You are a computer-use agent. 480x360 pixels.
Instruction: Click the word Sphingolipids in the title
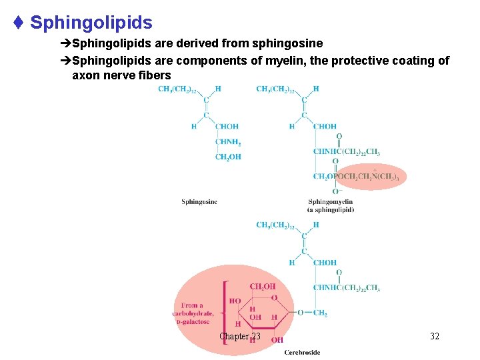coord(91,23)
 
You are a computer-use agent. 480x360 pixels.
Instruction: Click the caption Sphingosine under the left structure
coord(199,202)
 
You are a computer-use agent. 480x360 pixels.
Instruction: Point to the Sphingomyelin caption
coord(330,202)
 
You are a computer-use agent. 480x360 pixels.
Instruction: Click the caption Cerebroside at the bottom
coord(302,352)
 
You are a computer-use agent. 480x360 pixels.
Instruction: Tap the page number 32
coord(435,337)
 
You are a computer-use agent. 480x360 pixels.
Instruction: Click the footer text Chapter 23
coord(240,337)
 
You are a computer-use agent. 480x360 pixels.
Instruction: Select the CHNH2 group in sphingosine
coord(227,141)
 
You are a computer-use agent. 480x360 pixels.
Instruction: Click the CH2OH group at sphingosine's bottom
coord(227,157)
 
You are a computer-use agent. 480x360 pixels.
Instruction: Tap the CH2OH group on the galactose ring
coord(262,287)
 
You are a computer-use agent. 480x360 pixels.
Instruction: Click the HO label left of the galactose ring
coord(235,301)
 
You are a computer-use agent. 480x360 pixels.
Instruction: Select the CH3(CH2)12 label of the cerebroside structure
coord(275,225)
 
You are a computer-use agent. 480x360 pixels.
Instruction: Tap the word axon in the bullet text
coord(84,75)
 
